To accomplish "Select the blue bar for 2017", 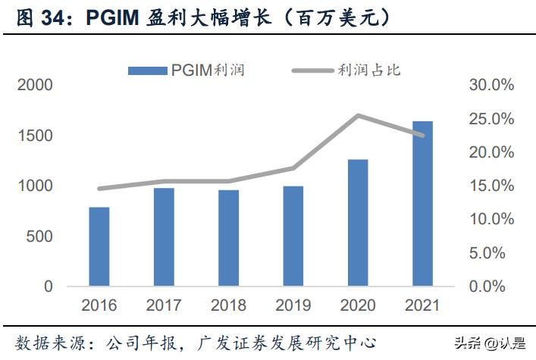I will [163, 237].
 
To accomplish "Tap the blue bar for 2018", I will [228, 238].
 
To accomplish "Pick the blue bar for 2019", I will [293, 236].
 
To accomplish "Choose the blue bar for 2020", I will [357, 223].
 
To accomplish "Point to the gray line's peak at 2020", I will [357, 115].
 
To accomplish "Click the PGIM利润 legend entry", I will [187, 70].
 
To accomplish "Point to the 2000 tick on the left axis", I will [36, 85].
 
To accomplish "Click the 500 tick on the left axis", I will [40, 236].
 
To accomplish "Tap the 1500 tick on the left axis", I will [36, 136].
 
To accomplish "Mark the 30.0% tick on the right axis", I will [491, 85].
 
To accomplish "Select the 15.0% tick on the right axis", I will [491, 186].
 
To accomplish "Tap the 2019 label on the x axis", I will [293, 305].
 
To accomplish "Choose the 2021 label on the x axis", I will [422, 305].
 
